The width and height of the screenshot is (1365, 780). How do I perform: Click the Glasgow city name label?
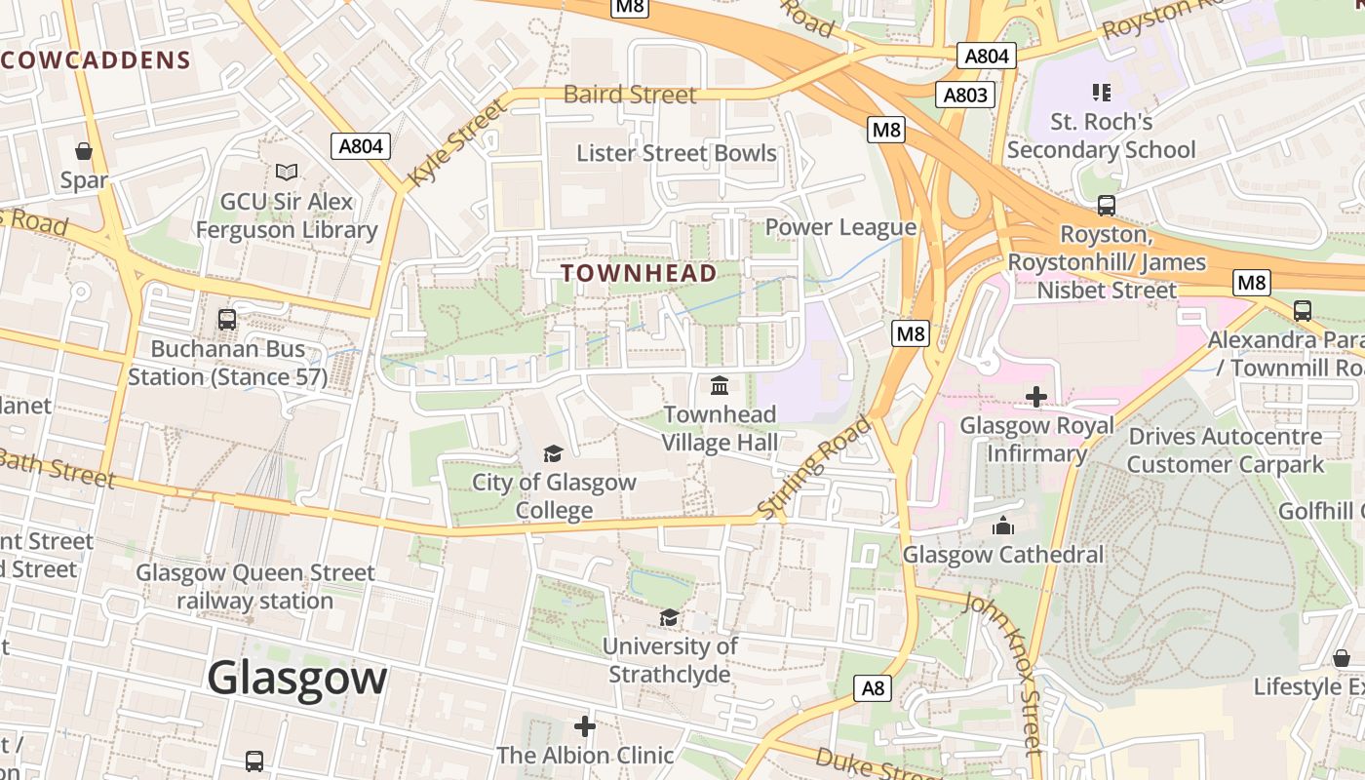click(x=296, y=677)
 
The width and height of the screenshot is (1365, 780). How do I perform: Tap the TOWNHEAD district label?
click(x=639, y=273)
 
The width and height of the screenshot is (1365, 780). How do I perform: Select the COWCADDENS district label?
click(x=96, y=60)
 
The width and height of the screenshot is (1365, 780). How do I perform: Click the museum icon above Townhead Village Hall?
click(x=721, y=386)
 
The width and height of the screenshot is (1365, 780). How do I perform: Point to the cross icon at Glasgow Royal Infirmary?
click(x=1036, y=397)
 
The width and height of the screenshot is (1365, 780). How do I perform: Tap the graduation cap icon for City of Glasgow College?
click(x=553, y=453)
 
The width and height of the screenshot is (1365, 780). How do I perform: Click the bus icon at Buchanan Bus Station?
click(x=227, y=320)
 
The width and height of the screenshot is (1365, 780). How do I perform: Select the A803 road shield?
click(x=965, y=95)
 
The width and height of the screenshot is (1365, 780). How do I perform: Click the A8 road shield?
click(x=873, y=688)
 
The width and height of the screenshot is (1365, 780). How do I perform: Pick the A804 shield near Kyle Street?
click(x=361, y=146)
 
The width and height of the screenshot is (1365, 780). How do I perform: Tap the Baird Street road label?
click(x=630, y=95)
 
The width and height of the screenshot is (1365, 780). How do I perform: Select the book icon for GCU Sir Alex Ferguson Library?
click(x=286, y=173)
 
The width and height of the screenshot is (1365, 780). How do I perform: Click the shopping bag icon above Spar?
click(x=84, y=151)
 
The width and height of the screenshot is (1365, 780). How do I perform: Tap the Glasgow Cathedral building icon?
click(x=1003, y=526)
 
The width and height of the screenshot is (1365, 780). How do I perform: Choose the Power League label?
click(x=840, y=227)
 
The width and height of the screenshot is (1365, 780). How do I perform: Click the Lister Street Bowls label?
click(x=676, y=153)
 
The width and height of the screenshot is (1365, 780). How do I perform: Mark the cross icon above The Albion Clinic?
click(x=585, y=726)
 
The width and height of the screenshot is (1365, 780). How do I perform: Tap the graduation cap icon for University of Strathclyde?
click(x=669, y=617)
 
